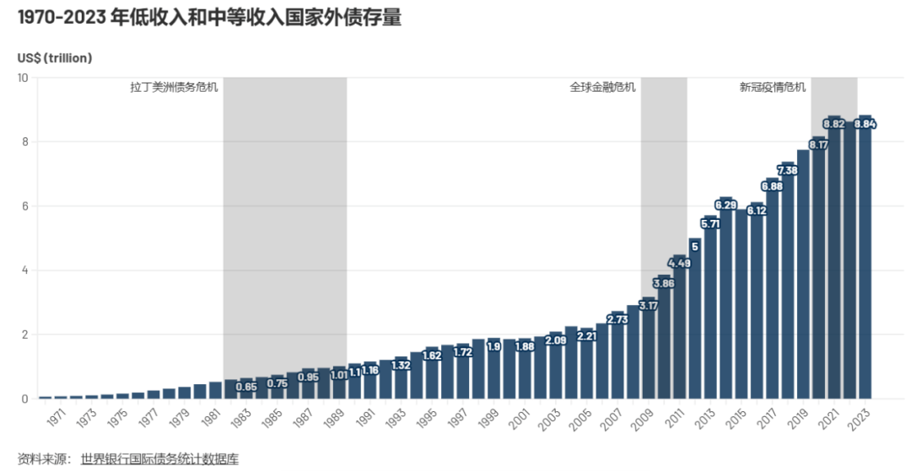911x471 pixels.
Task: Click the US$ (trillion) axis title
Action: pyautogui.click(x=55, y=58)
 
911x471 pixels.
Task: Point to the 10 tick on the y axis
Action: pyautogui.click(x=24, y=78)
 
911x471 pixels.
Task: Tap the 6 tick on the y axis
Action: pyautogui.click(x=25, y=206)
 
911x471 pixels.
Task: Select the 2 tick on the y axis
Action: pyautogui.click(x=25, y=335)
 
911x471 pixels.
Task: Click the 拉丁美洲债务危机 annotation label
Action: pyautogui.click(x=174, y=87)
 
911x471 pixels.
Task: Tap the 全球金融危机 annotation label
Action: pyautogui.click(x=602, y=87)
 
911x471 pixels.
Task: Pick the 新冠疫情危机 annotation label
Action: pyautogui.click(x=773, y=87)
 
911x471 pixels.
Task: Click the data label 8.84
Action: pyautogui.click(x=865, y=124)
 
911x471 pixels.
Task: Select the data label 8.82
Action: pyautogui.click(x=833, y=124)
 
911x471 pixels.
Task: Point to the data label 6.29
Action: pyautogui.click(x=725, y=205)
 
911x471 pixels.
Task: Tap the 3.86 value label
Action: pyautogui.click(x=664, y=283)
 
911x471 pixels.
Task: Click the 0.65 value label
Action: pyautogui.click(x=246, y=386)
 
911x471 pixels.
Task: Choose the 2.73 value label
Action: pyautogui.click(x=617, y=319)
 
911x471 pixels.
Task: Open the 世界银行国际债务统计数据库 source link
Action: pyautogui.click(x=159, y=459)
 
